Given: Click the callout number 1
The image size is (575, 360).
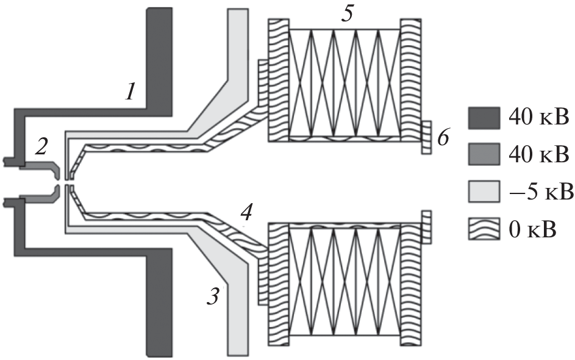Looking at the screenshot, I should [130, 92].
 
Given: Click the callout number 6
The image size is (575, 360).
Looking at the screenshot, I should [443, 138].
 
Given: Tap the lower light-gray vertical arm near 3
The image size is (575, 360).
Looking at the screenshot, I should [238, 317].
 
